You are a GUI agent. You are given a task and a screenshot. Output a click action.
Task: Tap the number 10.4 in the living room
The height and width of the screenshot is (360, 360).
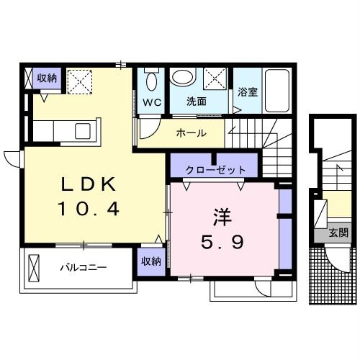click(87, 211)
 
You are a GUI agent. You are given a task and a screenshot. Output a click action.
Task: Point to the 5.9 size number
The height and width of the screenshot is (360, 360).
click(220, 242)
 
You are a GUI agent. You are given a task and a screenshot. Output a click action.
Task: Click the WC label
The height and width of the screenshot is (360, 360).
click(151, 103)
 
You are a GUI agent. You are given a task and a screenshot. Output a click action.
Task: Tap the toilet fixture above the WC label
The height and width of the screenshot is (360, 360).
click(151, 80)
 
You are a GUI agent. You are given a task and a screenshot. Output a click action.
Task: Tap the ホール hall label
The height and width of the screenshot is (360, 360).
click(192, 133)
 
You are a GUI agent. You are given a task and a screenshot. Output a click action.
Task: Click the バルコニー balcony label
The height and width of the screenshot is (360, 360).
click(83, 268)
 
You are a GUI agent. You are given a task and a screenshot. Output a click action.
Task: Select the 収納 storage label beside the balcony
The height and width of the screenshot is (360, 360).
click(150, 261)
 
